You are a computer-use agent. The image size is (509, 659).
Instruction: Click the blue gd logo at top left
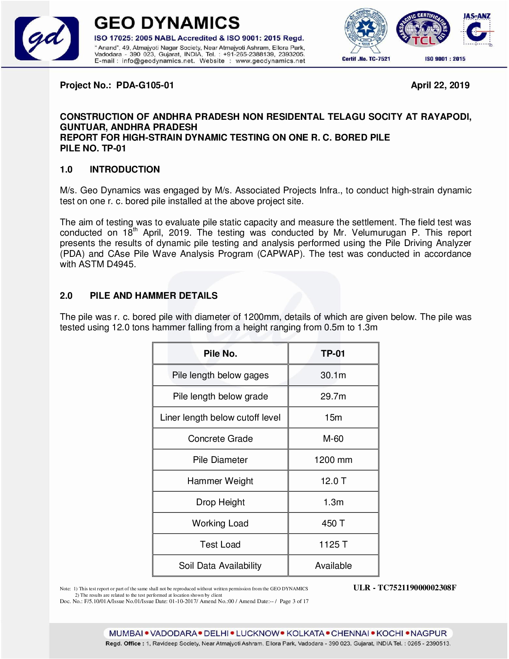pyautogui.click(x=47, y=38)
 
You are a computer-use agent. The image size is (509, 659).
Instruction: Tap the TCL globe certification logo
pyautogui.click(x=423, y=30)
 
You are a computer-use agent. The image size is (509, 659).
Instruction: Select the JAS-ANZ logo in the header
pyautogui.click(x=477, y=30)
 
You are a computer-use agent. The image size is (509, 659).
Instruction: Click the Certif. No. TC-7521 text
pyautogui.click(x=366, y=59)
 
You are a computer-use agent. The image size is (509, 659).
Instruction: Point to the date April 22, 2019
pyautogui.click(x=440, y=85)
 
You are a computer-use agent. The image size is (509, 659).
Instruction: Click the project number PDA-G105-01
pyautogui.click(x=145, y=85)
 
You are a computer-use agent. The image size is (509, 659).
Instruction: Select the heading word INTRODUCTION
pyautogui.click(x=125, y=169)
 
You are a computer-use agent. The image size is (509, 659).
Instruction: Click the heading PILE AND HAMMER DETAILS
pyautogui.click(x=154, y=296)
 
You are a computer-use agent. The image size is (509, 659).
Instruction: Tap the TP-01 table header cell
pyautogui.click(x=333, y=353)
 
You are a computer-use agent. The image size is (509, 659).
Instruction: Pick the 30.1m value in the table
pyautogui.click(x=333, y=375)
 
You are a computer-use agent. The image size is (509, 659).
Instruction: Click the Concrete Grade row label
pyautogui.click(x=220, y=439)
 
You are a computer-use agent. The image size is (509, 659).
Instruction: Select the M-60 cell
pyautogui.click(x=333, y=439)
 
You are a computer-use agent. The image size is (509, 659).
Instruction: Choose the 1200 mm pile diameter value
pyautogui.click(x=333, y=460)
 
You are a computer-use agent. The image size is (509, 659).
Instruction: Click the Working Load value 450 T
pyautogui.click(x=333, y=523)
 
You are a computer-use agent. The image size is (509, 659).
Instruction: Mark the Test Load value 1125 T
pyautogui.click(x=333, y=544)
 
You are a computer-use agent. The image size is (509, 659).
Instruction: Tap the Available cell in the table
pyautogui.click(x=333, y=566)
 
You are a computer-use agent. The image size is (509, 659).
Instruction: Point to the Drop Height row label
pyautogui.click(x=220, y=502)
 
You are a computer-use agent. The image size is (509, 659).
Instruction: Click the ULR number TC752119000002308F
pyautogui.click(x=417, y=588)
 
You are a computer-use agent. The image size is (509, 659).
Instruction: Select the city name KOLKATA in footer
pyautogui.click(x=305, y=633)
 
